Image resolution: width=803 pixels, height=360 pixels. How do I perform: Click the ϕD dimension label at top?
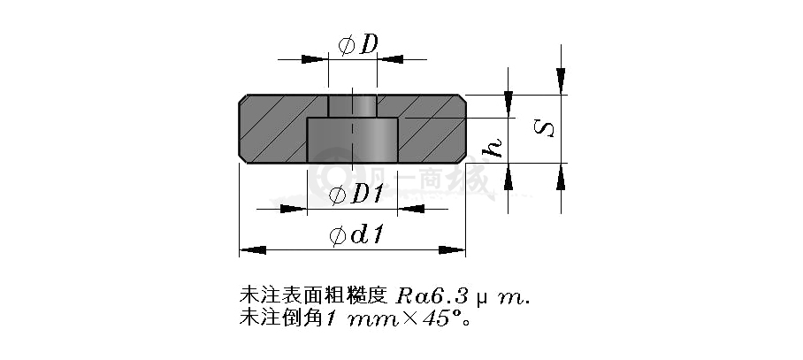pos(358,45)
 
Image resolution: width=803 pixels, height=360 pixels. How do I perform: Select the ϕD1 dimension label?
pos(356,195)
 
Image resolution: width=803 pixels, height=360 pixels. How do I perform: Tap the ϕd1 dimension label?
pos(356,235)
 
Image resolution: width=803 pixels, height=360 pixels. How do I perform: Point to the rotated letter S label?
pos(544,127)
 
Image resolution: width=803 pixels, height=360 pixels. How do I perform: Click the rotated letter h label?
pos(493,148)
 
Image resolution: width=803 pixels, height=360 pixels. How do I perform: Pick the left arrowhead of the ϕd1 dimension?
pos(253,250)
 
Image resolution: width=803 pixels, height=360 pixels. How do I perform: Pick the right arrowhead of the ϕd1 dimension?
pos(452,250)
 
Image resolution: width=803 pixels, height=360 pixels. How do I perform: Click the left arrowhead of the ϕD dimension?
pos(315,59)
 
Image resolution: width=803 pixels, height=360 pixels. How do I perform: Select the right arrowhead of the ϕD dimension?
pos(391,59)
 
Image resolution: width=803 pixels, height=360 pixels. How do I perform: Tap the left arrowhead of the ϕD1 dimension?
pos(294,209)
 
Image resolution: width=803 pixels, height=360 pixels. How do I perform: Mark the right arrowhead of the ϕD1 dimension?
pos(411,209)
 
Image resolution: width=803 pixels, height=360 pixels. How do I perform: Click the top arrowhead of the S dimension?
pos(561,80)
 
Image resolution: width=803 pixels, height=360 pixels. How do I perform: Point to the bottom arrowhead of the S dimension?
pos(561,177)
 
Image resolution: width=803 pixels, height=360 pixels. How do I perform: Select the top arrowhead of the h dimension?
pos(508,104)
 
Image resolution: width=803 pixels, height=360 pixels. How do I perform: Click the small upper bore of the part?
pos(353,106)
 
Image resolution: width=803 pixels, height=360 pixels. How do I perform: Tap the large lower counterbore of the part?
pos(352,141)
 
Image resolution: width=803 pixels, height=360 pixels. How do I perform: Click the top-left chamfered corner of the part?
pos(242,99)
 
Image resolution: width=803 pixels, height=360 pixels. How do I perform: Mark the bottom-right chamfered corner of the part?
pos(462,158)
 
